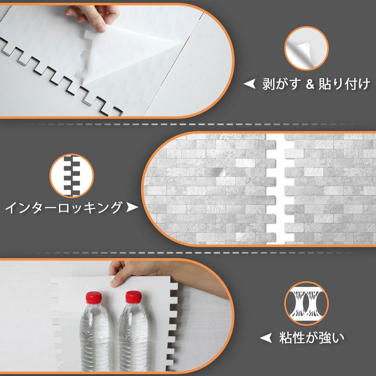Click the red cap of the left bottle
tap(93, 297)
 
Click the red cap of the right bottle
tap(133, 297)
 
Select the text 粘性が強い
tap(312, 337)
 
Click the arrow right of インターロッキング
tap(131, 208)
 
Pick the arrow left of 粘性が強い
tap(265, 337)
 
